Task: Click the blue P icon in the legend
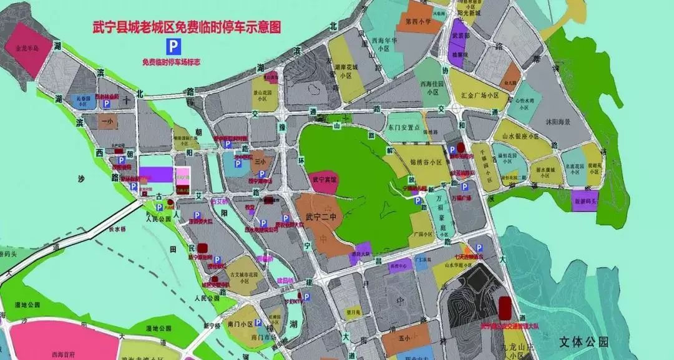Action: pyautogui.click(x=170, y=46)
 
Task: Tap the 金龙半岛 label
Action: pyautogui.click(x=27, y=47)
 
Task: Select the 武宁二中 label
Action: pyautogui.click(x=318, y=218)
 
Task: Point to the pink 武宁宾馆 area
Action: pyautogui.click(x=325, y=179)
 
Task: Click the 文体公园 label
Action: pyautogui.click(x=584, y=342)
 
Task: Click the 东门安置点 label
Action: pyautogui.click(x=406, y=127)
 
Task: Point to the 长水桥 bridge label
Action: pyautogui.click(x=117, y=229)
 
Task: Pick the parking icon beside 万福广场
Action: pyautogui.click(x=464, y=187)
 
